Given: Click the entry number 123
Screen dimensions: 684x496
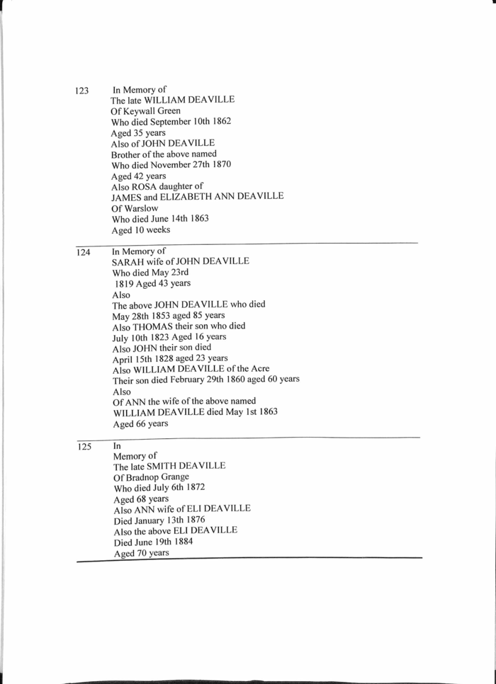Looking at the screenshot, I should [81, 91].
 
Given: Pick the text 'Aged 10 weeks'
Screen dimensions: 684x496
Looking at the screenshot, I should [141, 229].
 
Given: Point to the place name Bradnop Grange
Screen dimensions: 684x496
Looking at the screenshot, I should [153, 477].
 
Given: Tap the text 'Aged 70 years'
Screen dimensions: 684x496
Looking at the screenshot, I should [142, 553].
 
